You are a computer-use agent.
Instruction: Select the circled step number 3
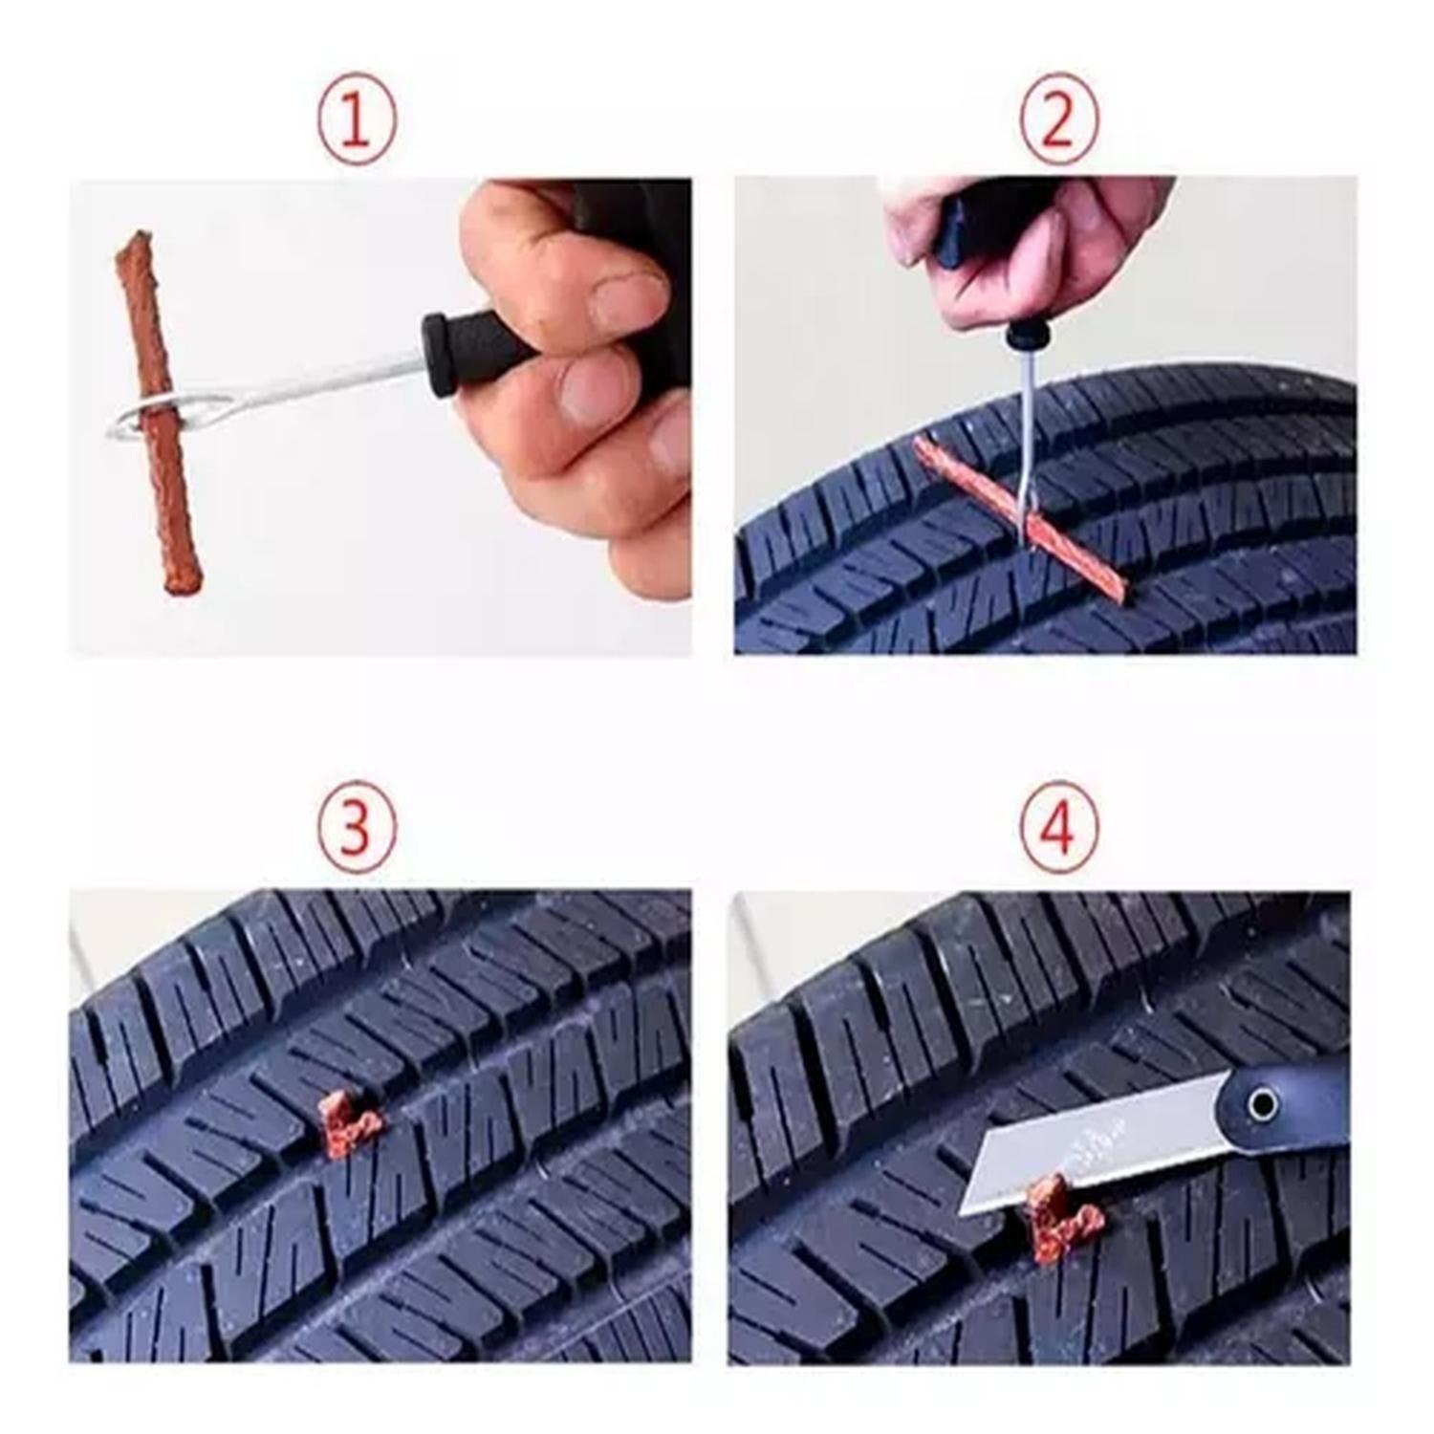click(x=356, y=830)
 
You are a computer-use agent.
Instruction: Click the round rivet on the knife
click(x=1263, y=1106)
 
